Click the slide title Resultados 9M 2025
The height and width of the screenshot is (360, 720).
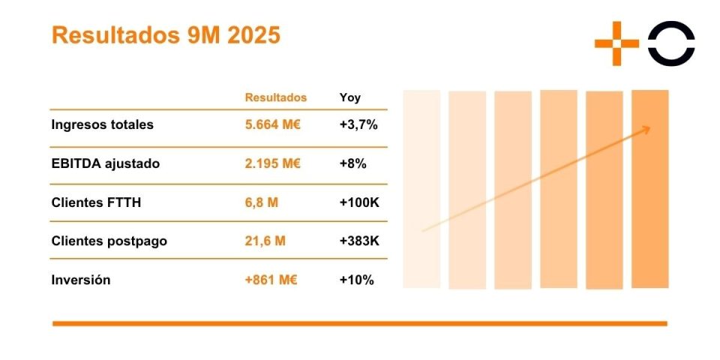coord(166,35)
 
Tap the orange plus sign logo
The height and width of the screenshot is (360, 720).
coord(616,43)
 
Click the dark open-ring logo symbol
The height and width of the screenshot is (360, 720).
coord(671,43)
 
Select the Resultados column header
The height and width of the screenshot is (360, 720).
coord(276,97)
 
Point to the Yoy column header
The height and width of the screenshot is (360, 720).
coord(349,97)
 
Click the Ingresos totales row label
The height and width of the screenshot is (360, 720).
coord(102,124)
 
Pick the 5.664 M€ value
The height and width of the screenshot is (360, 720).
coord(272,124)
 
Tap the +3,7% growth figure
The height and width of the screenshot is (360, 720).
coord(358,124)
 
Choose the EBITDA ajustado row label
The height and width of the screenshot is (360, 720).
coord(105,163)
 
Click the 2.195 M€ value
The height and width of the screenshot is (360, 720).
coord(272,163)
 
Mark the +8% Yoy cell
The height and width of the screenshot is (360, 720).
coord(352,163)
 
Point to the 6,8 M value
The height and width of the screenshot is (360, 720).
coord(261,202)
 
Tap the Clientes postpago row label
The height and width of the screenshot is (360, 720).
coord(109,241)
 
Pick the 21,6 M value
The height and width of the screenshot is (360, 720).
coord(265,241)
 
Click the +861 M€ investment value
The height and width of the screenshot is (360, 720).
coord(271,280)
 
